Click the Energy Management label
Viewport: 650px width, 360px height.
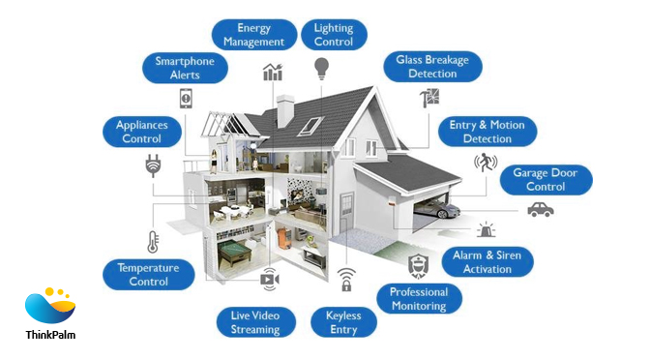coord(253,36)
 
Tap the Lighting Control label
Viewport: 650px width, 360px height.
coord(334,36)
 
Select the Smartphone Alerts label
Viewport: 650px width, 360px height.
coord(192,68)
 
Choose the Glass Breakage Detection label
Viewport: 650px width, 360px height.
coord(432,67)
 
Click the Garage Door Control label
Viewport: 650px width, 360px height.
coord(546,180)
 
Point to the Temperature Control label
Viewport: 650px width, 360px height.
coord(149,274)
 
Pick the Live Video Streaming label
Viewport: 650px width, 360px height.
coord(254,322)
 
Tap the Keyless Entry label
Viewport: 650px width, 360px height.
coord(343,322)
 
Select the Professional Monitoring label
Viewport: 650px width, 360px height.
coord(419,298)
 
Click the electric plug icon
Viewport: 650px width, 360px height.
coord(152,165)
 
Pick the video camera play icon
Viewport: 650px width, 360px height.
coord(269,280)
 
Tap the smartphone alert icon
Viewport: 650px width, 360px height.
coord(186,98)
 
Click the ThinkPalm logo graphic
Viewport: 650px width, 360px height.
coord(50,306)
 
